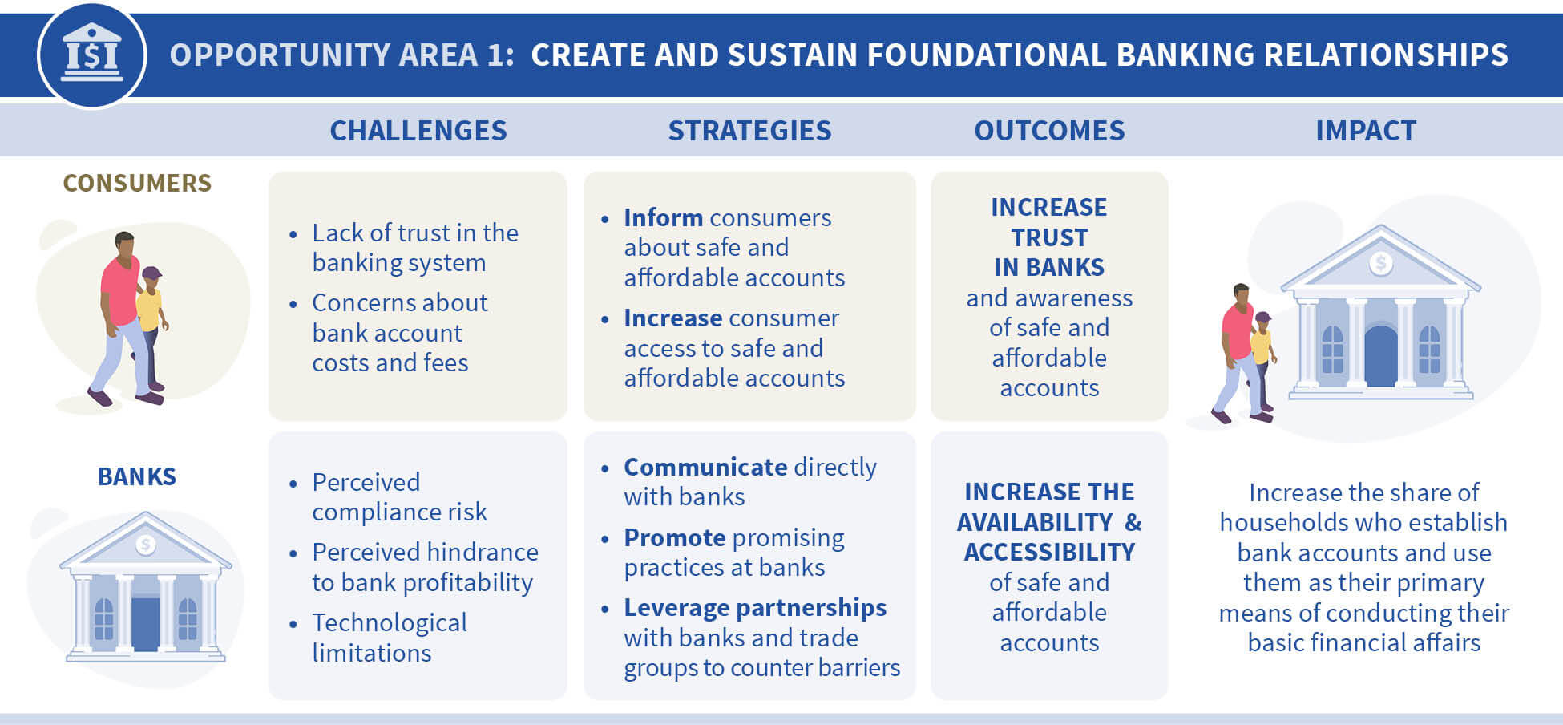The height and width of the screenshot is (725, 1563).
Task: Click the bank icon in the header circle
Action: coord(91,53)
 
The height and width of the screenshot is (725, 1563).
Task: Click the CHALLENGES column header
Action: coord(418,131)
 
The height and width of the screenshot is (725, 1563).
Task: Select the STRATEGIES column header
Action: coord(749,131)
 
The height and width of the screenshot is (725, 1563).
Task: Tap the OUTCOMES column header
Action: coord(1049,131)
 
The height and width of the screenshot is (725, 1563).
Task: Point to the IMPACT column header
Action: coord(1366,131)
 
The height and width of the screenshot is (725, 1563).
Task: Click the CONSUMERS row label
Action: coord(137,183)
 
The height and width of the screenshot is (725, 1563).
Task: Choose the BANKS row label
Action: coord(137,476)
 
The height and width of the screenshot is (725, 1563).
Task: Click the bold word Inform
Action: coord(664,217)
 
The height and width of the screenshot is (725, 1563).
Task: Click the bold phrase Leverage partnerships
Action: coord(755,608)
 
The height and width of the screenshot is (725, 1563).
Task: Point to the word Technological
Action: coord(390,622)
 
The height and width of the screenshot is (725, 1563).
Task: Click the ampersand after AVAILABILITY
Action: coord(1133,522)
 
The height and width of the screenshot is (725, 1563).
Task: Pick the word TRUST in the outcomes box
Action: coord(1049,237)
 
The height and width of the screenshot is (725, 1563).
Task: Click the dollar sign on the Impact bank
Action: coord(1380,262)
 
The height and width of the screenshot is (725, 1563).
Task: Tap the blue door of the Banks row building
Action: coord(145,624)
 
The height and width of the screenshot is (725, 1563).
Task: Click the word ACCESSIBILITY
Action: coord(1049,552)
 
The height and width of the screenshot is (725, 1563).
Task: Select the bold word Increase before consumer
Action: coord(673,318)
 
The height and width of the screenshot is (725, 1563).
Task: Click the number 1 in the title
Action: coord(494,55)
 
